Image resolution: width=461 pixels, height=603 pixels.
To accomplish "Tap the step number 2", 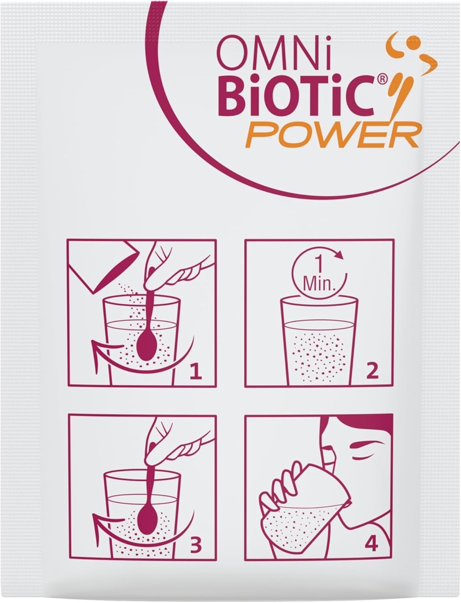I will pos(372,371).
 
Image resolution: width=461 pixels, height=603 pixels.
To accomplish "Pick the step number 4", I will pos(372,544).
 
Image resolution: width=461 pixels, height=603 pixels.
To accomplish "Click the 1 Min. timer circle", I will pos(319,272).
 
